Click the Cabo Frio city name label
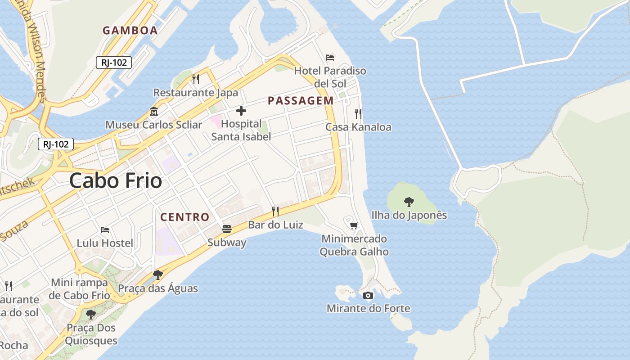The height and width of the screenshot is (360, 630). pyautogui.click(x=116, y=181)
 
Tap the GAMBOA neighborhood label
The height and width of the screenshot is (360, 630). pyautogui.click(x=130, y=31)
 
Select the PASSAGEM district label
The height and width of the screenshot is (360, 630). pyautogui.click(x=301, y=101)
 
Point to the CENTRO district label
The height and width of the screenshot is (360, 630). pyautogui.click(x=185, y=217)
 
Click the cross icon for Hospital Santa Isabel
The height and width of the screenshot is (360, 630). pyautogui.click(x=241, y=111)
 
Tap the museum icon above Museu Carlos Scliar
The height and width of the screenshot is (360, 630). pyautogui.click(x=154, y=111)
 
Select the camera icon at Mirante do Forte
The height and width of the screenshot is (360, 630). pyautogui.click(x=368, y=295)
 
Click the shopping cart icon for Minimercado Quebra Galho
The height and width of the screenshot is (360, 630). pyautogui.click(x=354, y=225)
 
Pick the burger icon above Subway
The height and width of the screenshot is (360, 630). pyautogui.click(x=227, y=229)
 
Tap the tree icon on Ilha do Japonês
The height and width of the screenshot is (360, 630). pyautogui.click(x=409, y=202)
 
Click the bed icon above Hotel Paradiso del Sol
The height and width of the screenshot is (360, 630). pyautogui.click(x=330, y=58)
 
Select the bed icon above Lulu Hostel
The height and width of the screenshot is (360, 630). pyautogui.click(x=105, y=230)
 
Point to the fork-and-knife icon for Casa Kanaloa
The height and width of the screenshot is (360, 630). pyautogui.click(x=358, y=113)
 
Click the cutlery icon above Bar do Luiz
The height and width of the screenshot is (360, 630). pyautogui.click(x=275, y=211)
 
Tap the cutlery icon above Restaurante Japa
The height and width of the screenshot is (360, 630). pyautogui.click(x=196, y=79)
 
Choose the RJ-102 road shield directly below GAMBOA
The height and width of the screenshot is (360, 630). pyautogui.click(x=114, y=63)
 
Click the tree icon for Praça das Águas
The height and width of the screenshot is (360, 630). pyautogui.click(x=157, y=274)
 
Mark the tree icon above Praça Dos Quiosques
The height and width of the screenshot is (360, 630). pyautogui.click(x=91, y=314)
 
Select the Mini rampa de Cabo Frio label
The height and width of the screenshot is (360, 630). pyautogui.click(x=80, y=289)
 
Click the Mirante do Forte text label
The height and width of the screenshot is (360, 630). pyautogui.click(x=368, y=308)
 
